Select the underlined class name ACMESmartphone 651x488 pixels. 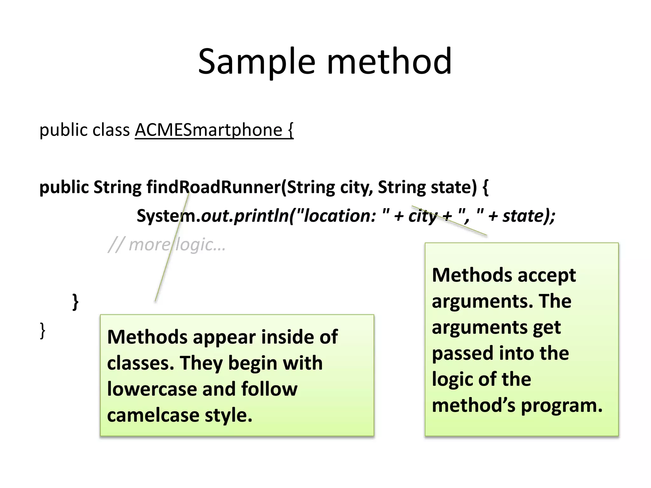(x=209, y=130)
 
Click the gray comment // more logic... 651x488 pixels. (x=167, y=245)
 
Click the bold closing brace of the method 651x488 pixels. (x=75, y=302)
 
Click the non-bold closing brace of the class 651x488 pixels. (x=43, y=331)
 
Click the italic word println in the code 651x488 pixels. (x=261, y=216)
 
